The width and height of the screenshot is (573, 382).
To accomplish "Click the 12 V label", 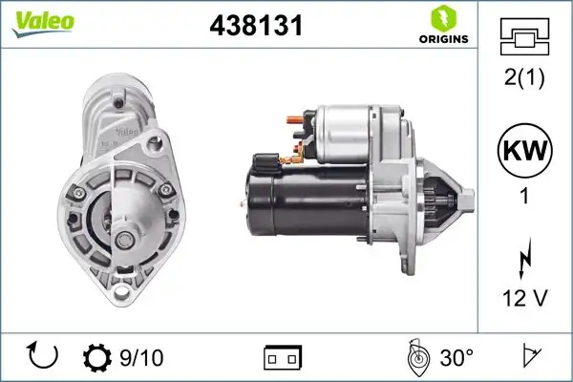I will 524,299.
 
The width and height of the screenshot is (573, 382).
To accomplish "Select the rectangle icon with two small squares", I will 282,358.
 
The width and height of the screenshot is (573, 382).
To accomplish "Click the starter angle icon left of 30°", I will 416,357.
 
